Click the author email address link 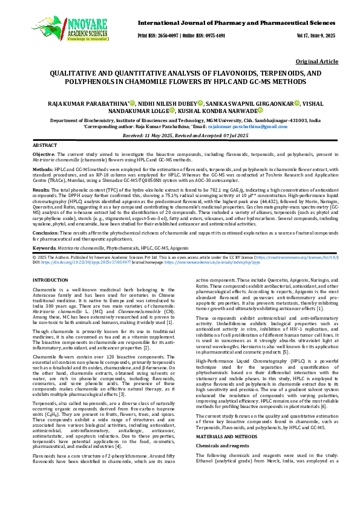point(255,126)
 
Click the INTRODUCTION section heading point(50,281)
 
